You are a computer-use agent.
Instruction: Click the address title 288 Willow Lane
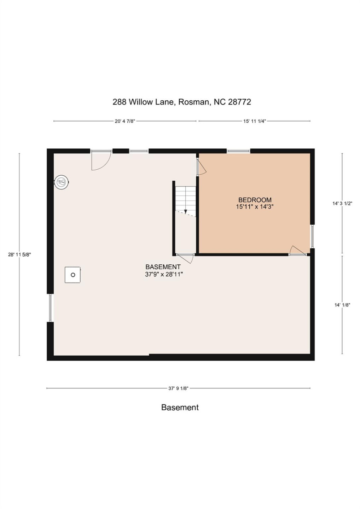tap(181, 102)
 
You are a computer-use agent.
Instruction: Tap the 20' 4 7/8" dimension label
tap(124, 121)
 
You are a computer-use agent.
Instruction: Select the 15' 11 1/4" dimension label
tap(254, 121)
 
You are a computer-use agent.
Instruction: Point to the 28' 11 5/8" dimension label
tap(19, 255)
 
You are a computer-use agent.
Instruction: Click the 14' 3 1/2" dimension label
tap(342, 203)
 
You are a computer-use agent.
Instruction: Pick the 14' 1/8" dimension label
tap(342, 305)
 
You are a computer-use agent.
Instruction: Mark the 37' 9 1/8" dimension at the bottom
tap(178, 388)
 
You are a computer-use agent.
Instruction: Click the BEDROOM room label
tap(255, 200)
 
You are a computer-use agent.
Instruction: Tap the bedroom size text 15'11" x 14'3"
tap(255, 207)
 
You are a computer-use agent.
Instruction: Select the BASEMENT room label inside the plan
tap(163, 267)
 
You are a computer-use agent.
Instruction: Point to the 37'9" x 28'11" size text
tap(164, 274)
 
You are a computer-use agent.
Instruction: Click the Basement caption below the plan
tap(180, 407)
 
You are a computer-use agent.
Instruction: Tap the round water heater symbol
tap(62, 182)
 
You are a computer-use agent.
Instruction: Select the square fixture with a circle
tap(72, 275)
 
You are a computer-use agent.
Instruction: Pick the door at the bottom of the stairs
tap(185, 258)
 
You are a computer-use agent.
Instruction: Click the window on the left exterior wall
tap(50, 308)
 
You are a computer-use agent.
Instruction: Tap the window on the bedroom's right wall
tap(312, 236)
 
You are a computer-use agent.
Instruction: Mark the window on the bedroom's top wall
tap(238, 151)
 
